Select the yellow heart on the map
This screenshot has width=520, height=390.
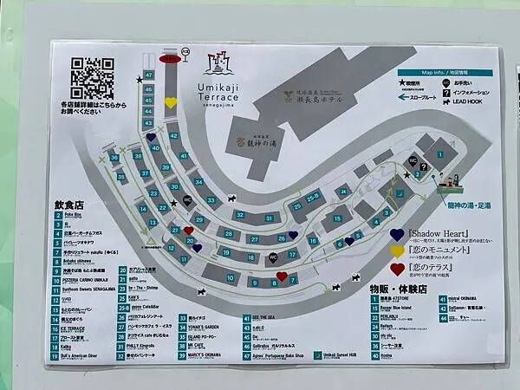click(171, 102)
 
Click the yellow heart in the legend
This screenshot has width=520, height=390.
click(397, 251)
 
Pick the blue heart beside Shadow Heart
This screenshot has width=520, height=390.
click(397, 234)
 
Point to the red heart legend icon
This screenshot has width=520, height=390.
click(397, 269)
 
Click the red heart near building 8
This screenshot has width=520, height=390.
click(281, 276)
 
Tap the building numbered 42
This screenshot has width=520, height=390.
click(173, 136)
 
